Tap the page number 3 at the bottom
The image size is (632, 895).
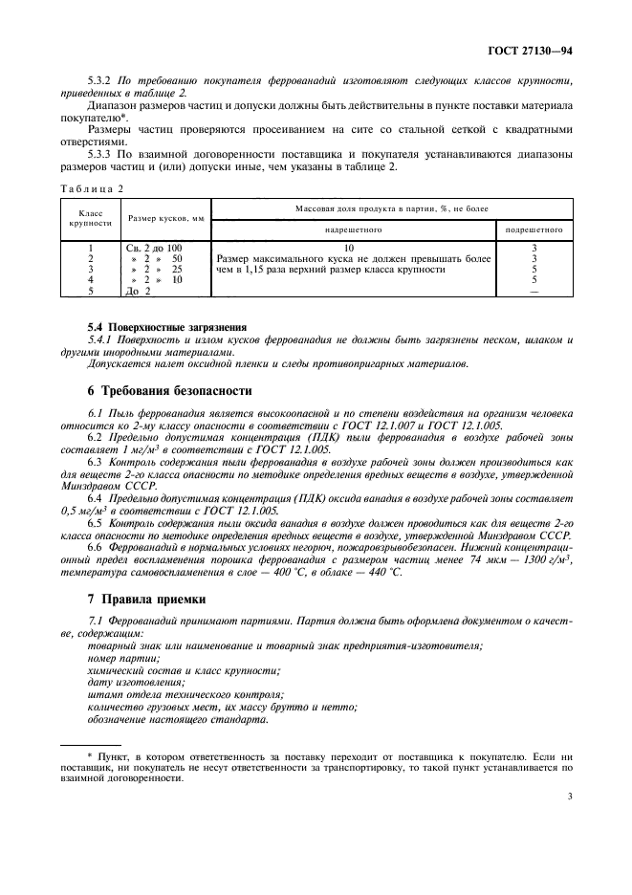point(569,821)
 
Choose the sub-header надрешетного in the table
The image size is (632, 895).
point(350,229)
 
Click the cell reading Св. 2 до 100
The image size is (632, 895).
point(154,248)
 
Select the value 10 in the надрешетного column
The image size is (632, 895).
point(350,248)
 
